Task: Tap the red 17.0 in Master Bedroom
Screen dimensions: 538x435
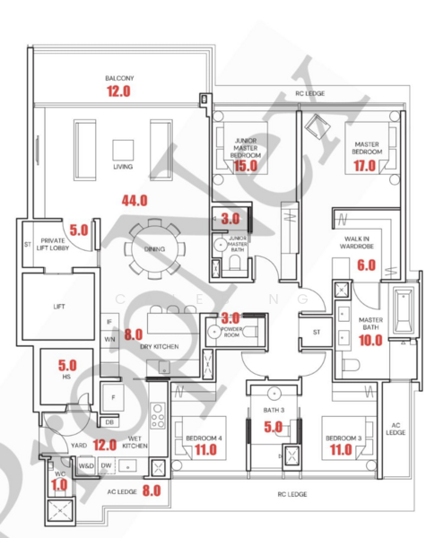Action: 364,165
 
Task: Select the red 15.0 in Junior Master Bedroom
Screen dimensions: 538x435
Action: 244,165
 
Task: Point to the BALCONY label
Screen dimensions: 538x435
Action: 118,78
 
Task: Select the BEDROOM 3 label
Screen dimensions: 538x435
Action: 340,438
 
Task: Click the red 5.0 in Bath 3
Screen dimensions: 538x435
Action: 273,427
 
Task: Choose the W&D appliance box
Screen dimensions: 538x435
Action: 88,466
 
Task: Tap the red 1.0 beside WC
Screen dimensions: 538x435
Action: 60,485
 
